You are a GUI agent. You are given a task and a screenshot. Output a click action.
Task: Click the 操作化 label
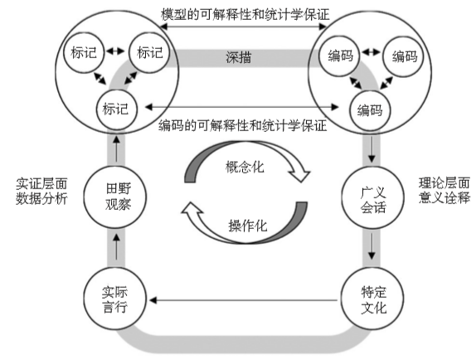click(x=247, y=226)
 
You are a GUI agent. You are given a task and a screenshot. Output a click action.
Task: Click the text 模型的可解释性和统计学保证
click(x=240, y=15)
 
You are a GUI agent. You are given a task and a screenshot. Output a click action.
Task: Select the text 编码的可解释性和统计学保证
click(x=240, y=126)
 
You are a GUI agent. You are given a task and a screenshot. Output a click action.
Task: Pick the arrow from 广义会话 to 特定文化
click(x=366, y=246)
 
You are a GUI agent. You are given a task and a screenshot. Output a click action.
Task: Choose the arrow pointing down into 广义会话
click(x=366, y=153)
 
